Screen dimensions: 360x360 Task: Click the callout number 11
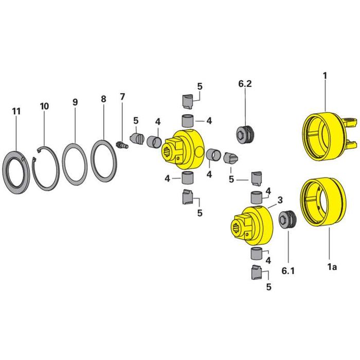pyautogui.click(x=16, y=112)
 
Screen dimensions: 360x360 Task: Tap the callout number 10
pyautogui.click(x=44, y=106)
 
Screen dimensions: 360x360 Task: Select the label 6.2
pyautogui.click(x=245, y=84)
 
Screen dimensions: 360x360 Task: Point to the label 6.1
pyautogui.click(x=288, y=271)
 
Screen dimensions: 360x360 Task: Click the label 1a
pyautogui.click(x=332, y=267)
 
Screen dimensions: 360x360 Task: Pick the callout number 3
pyautogui.click(x=280, y=200)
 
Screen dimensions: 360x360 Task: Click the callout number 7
pyautogui.click(x=122, y=97)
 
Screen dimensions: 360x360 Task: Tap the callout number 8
pyautogui.click(x=103, y=99)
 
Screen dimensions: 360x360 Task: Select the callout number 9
pyautogui.click(x=75, y=102)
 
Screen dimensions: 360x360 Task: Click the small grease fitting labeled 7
pyautogui.click(x=122, y=146)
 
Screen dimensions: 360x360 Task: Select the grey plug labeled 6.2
pyautogui.click(x=245, y=135)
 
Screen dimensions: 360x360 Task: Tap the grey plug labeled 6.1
pyautogui.click(x=287, y=220)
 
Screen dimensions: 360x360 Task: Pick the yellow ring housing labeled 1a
pyautogui.click(x=322, y=202)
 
